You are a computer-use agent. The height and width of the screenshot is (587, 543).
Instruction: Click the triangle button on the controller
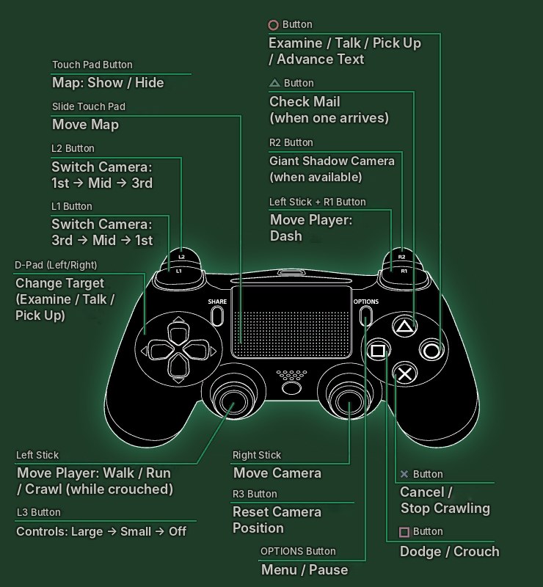coord(404,327)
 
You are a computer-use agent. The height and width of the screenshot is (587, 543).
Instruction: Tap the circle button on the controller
coord(431,351)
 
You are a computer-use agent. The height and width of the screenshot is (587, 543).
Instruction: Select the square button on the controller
coord(378,351)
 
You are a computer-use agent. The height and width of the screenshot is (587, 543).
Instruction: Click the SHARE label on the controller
coord(217,302)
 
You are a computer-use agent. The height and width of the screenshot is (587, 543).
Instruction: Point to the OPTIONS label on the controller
coord(366,302)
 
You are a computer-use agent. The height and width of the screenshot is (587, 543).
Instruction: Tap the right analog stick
coord(349,401)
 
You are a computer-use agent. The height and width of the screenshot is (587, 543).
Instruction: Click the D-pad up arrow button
coord(178,332)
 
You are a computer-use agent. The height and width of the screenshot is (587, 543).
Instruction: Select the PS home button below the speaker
coord(291,388)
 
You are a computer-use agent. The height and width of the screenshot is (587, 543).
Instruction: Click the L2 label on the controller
coord(182,257)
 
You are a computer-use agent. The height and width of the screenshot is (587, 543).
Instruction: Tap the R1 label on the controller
coord(404,271)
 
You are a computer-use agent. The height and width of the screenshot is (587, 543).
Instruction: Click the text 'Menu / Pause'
coord(305,570)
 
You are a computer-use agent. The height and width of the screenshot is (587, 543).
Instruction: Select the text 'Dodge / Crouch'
coord(449,552)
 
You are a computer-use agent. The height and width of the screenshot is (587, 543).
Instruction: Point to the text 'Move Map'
coord(85,124)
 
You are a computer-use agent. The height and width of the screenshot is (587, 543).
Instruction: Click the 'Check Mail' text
coord(305,101)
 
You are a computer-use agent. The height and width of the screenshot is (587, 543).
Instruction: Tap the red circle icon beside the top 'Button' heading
coord(274,25)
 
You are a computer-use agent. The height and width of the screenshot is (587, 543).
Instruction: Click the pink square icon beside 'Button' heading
coord(404,532)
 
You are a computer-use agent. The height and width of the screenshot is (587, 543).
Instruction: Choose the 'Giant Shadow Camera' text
coord(332,161)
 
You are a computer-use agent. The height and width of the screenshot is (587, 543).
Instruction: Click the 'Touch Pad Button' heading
coord(92,65)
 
